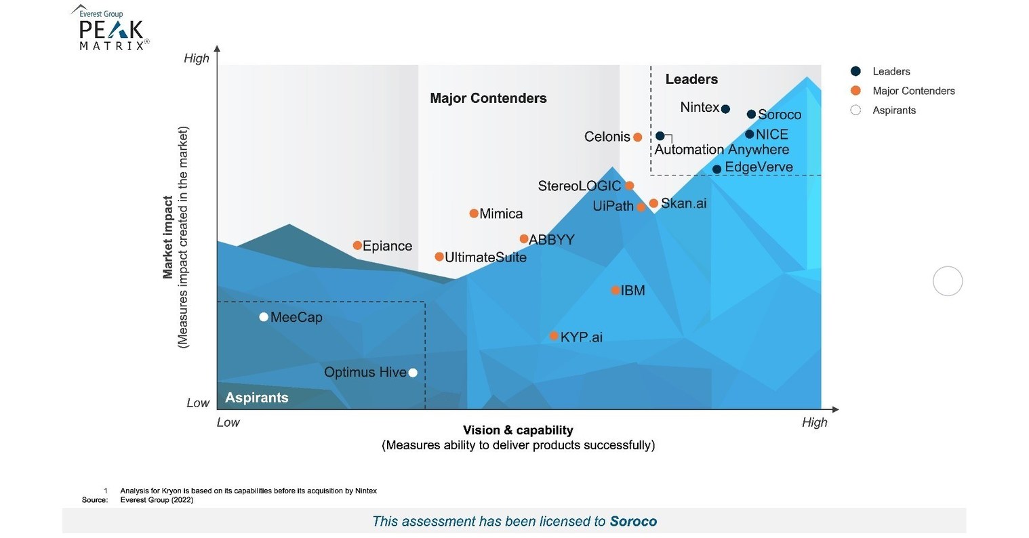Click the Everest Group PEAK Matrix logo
[110, 29]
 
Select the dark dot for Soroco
[751, 115]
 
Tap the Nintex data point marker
[725, 109]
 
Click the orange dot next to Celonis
[637, 138]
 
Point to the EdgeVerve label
[759, 167]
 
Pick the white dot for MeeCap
[264, 317]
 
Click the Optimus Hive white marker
[413, 373]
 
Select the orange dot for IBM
[616, 291]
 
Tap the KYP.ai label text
[581, 337]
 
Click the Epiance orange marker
[357, 245]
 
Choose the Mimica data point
[474, 214]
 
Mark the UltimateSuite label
[485, 257]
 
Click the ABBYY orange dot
[524, 239]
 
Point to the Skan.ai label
[683, 203]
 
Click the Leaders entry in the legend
[891, 72]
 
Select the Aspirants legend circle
[855, 110]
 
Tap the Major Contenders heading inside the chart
[488, 98]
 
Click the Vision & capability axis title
[518, 430]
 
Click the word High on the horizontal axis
[814, 423]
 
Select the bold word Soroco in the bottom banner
[633, 521]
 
